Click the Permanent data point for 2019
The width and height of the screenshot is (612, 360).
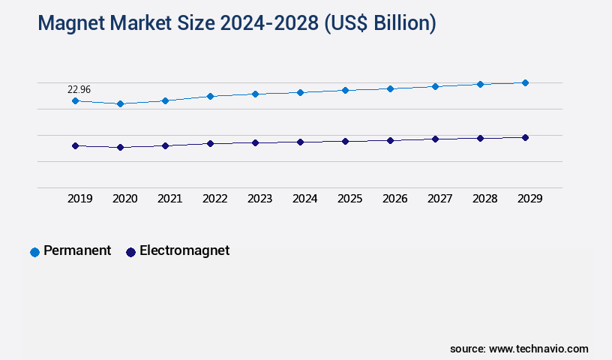point(75,100)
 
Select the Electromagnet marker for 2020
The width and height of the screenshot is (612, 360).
point(120,148)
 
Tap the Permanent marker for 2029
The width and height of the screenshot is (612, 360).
point(525,82)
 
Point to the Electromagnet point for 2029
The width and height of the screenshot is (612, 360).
point(525,137)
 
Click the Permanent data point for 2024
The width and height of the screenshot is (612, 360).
point(300,92)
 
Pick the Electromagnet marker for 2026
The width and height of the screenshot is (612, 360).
point(390,140)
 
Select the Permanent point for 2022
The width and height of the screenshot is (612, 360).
point(210,96)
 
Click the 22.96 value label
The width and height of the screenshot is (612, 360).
point(79,89)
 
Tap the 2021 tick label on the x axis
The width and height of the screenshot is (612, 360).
point(169,199)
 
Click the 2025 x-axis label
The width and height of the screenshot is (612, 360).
point(349,199)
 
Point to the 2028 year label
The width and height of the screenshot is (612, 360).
point(484,199)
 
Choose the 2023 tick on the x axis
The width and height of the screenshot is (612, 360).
point(259,199)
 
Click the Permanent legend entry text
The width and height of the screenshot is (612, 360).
point(77,251)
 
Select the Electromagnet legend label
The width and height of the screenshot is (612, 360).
point(184,251)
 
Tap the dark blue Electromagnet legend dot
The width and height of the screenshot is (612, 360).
point(130,252)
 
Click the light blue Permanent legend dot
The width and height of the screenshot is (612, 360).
point(34,252)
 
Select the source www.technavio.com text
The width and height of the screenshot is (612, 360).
point(519,349)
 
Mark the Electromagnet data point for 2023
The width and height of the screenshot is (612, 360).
point(255,142)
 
